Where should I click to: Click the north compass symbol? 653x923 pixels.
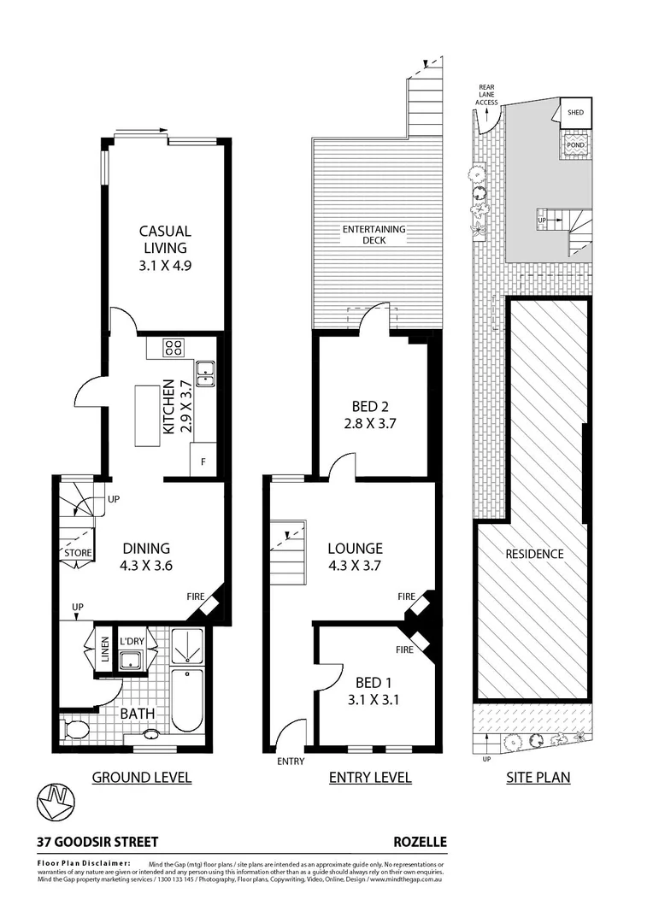56,802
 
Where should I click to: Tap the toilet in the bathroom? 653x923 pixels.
74,730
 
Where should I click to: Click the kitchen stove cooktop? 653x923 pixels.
174,348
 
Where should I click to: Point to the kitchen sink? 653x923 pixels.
205,370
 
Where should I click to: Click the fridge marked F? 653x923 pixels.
203,459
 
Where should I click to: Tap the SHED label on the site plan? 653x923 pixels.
575,112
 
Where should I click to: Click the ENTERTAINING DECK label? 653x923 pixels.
374,235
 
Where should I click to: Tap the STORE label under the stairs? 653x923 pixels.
77,553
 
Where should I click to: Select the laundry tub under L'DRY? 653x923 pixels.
131,660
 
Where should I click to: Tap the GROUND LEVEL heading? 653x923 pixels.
141,777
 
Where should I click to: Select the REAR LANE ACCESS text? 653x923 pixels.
487,94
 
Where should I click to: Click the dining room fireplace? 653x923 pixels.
208,604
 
